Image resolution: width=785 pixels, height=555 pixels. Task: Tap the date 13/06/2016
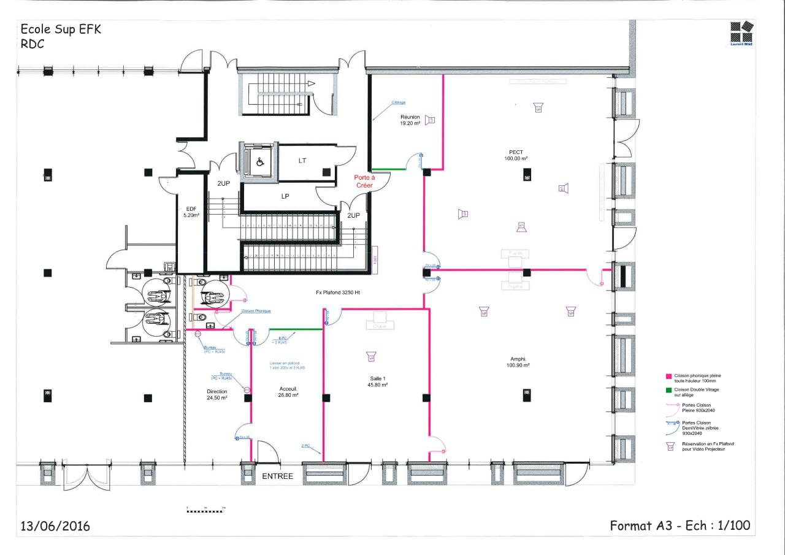[x=55, y=526]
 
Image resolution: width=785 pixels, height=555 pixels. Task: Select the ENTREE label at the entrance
[x=278, y=477]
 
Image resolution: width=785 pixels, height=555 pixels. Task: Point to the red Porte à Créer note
[x=364, y=181]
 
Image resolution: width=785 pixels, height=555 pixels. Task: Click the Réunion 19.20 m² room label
[x=410, y=120]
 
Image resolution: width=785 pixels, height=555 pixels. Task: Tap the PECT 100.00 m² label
[x=516, y=155]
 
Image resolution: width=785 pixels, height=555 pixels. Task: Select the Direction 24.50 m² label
[x=216, y=394]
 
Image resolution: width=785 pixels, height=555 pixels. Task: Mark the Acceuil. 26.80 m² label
[x=288, y=392]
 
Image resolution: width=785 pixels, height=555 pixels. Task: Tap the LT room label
[x=302, y=161]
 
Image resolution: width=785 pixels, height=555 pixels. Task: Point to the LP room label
[x=285, y=197]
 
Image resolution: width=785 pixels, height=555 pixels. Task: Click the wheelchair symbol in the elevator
[x=259, y=163]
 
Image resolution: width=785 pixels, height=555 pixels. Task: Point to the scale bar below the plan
[x=206, y=510]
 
